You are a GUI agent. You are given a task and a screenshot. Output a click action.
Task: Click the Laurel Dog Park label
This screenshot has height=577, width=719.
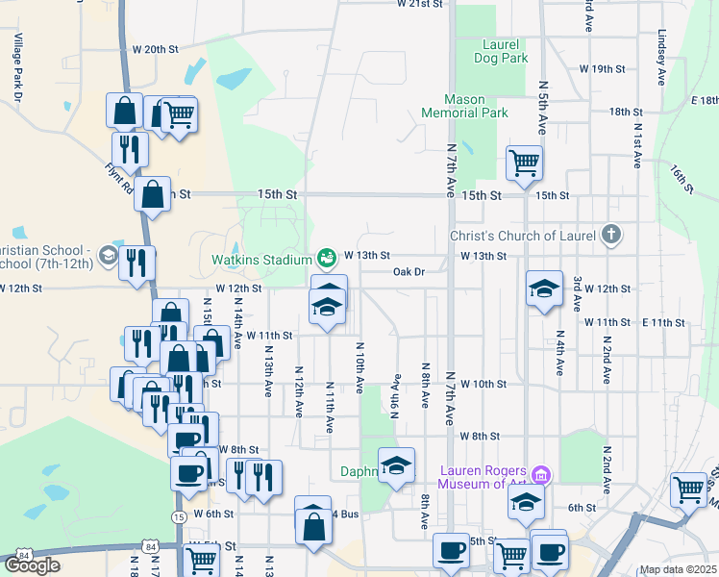click(x=501, y=51)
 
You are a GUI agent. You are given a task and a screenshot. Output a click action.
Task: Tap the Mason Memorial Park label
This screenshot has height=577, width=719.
click(x=463, y=106)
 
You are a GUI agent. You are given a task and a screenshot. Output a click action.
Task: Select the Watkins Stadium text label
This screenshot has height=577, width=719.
click(x=260, y=258)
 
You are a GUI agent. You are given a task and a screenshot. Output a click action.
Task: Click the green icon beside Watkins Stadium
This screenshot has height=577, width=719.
click(x=326, y=258)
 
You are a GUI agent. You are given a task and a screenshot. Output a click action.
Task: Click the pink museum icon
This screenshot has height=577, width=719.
click(x=540, y=473)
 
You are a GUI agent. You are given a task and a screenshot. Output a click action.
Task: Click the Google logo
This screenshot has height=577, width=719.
click(x=32, y=565)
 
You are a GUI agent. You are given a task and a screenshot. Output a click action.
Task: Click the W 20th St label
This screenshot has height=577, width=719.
click(x=156, y=49)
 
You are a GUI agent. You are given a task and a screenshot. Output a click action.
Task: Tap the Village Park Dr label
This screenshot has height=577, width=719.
click(x=17, y=66)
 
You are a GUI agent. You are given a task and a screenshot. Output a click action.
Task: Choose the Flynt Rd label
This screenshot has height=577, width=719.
click(x=118, y=177)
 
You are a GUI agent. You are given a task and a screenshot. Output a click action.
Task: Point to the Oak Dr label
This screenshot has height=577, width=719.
click(x=409, y=272)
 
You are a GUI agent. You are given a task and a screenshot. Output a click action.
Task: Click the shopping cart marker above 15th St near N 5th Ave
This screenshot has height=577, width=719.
click(x=524, y=163)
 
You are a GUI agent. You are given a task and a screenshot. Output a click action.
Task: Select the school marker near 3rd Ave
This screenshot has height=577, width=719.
click(x=544, y=288)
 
